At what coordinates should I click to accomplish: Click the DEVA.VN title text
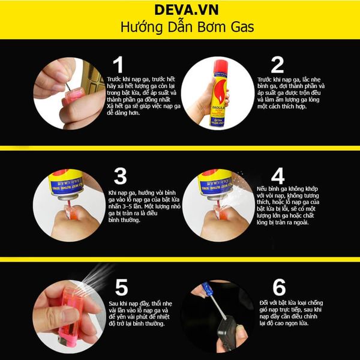[180, 10]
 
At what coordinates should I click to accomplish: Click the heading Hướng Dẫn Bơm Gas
[180, 28]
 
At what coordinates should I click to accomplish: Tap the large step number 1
[118, 65]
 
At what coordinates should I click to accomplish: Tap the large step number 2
[277, 65]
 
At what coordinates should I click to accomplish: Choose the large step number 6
[277, 286]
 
